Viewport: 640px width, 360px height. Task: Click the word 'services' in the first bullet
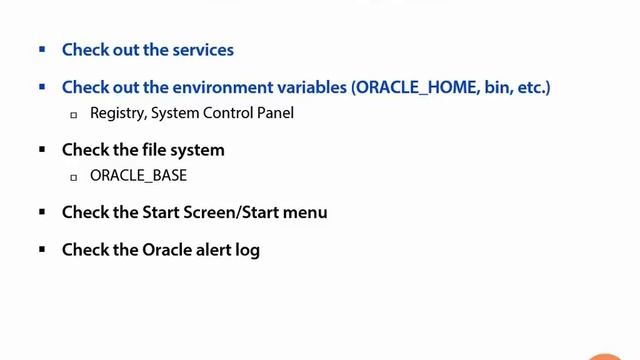[200, 49]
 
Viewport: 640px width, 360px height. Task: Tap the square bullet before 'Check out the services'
[42, 49]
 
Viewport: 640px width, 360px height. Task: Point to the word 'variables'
[314, 87]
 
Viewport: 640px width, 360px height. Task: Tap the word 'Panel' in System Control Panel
[274, 113]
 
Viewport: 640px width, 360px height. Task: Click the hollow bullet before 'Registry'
[74, 114]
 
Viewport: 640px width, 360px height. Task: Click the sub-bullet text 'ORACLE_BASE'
[138, 176]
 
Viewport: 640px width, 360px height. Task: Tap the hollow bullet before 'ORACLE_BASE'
[74, 177]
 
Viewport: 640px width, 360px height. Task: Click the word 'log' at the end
[247, 250]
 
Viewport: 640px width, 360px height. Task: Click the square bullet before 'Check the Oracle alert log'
[42, 249]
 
